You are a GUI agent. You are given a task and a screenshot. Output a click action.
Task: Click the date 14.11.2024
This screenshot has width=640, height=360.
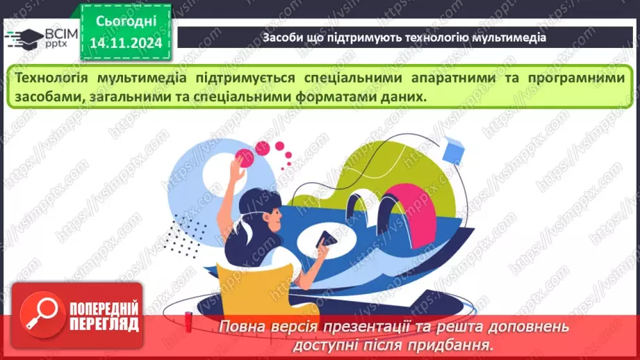(126, 43)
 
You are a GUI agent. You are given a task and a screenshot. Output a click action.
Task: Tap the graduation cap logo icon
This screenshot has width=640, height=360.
(23, 36)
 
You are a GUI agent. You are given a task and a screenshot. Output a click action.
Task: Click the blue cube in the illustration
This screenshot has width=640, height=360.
(453, 149)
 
